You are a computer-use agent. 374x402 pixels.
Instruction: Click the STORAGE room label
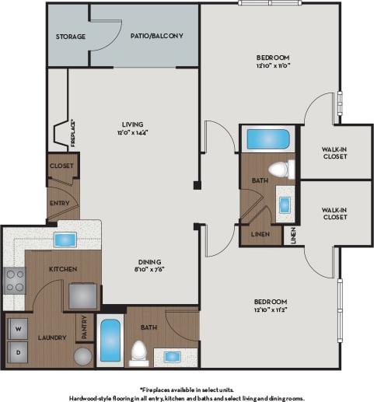[69, 37]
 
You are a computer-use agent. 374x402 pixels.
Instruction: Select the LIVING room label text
[131, 124]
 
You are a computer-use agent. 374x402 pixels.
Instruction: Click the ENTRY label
[59, 204]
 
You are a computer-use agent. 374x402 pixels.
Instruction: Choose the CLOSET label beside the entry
[61, 166]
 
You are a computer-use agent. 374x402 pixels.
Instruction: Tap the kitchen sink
[65, 239]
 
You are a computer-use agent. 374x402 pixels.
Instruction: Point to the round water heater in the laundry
[83, 356]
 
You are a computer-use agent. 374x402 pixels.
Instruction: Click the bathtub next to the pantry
[110, 341]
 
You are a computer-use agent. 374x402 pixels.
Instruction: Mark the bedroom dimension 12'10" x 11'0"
[273, 67]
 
